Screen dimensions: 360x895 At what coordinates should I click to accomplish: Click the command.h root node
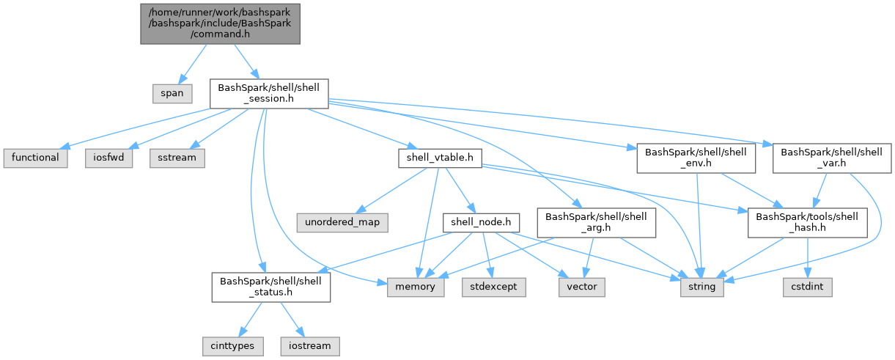point(220,23)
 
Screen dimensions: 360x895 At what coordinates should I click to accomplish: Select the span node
point(173,94)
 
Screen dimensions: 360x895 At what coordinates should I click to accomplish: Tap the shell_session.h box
point(268,94)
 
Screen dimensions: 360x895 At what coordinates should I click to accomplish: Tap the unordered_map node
point(343,221)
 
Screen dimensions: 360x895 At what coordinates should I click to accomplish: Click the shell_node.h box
point(481,221)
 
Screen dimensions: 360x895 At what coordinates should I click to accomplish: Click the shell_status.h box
point(270,287)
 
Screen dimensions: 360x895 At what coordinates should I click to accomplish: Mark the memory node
point(416,287)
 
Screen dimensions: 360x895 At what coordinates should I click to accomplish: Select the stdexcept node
point(494,287)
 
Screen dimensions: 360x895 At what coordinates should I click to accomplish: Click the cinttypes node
point(232,345)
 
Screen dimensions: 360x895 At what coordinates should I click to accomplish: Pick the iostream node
point(309,345)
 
